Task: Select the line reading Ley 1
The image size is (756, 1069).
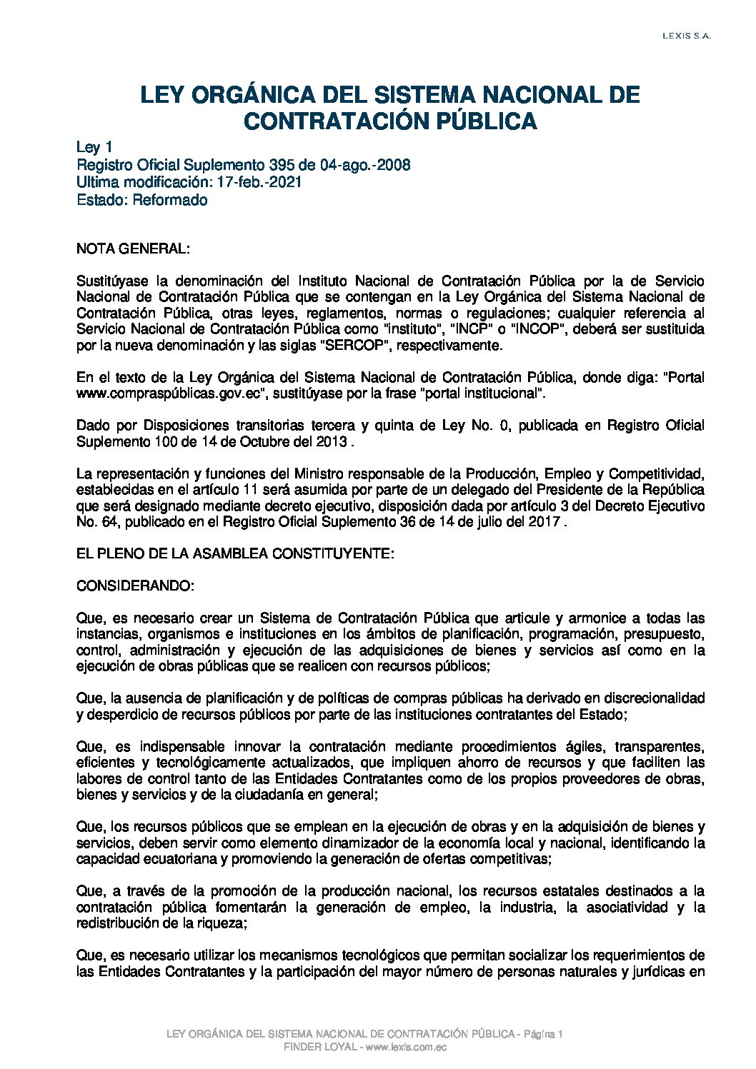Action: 94,148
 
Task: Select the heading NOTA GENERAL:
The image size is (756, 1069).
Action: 133,249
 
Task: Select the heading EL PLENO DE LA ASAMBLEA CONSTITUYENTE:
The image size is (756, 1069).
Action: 235,553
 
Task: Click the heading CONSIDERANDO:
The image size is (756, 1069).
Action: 135,586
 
